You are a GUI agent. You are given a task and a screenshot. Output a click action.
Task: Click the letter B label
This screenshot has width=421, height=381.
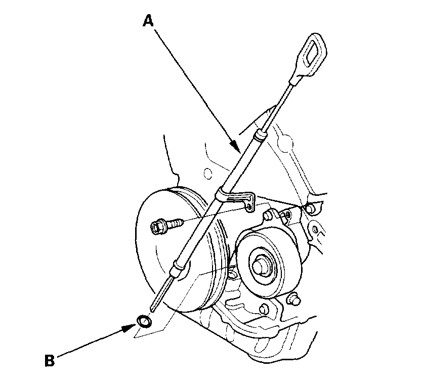(x=49, y=361)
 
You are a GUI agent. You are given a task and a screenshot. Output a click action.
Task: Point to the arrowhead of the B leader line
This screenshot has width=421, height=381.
(x=130, y=326)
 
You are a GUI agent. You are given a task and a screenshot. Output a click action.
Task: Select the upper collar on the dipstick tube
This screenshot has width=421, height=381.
(x=260, y=135)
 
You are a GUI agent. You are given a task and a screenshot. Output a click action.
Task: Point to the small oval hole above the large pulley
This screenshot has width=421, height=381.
(x=207, y=174)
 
